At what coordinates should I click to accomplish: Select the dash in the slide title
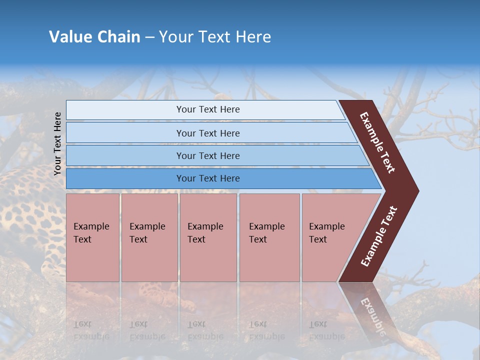(x=149, y=37)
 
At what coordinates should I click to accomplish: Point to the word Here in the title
(x=253, y=37)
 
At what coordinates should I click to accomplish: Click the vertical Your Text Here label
(x=57, y=143)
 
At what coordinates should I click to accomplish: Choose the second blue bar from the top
(x=208, y=133)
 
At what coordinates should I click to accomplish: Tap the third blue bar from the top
(x=208, y=155)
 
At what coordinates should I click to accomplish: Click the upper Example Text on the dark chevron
(x=377, y=142)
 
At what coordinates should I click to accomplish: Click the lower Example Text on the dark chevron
(x=379, y=236)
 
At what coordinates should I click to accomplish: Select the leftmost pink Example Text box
(x=92, y=237)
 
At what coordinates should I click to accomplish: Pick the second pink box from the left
(x=149, y=237)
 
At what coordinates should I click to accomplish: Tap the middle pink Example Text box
(x=208, y=237)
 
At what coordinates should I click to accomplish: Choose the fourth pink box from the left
(x=269, y=237)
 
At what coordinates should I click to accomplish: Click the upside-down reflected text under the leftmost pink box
(x=91, y=330)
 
